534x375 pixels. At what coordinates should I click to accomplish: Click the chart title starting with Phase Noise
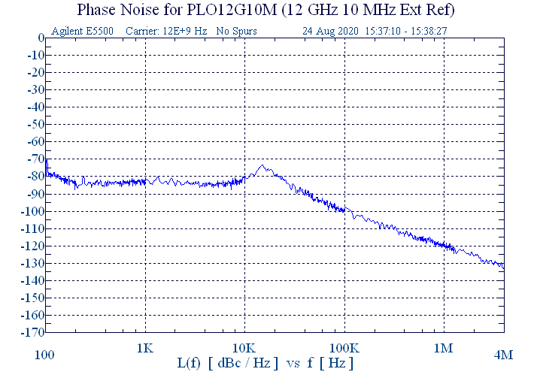click(266, 11)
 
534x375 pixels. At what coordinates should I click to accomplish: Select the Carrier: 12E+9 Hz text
click(160, 32)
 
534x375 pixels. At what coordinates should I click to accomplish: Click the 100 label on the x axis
click(45, 354)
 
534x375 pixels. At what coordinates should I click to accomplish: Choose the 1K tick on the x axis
click(145, 349)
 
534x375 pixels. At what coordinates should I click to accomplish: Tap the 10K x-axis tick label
click(244, 349)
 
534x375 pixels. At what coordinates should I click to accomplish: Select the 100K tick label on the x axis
click(344, 349)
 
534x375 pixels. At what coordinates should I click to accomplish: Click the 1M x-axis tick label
click(444, 349)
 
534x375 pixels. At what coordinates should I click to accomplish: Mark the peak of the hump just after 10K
click(262, 166)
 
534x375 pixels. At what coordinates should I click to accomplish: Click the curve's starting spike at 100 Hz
click(47, 160)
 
